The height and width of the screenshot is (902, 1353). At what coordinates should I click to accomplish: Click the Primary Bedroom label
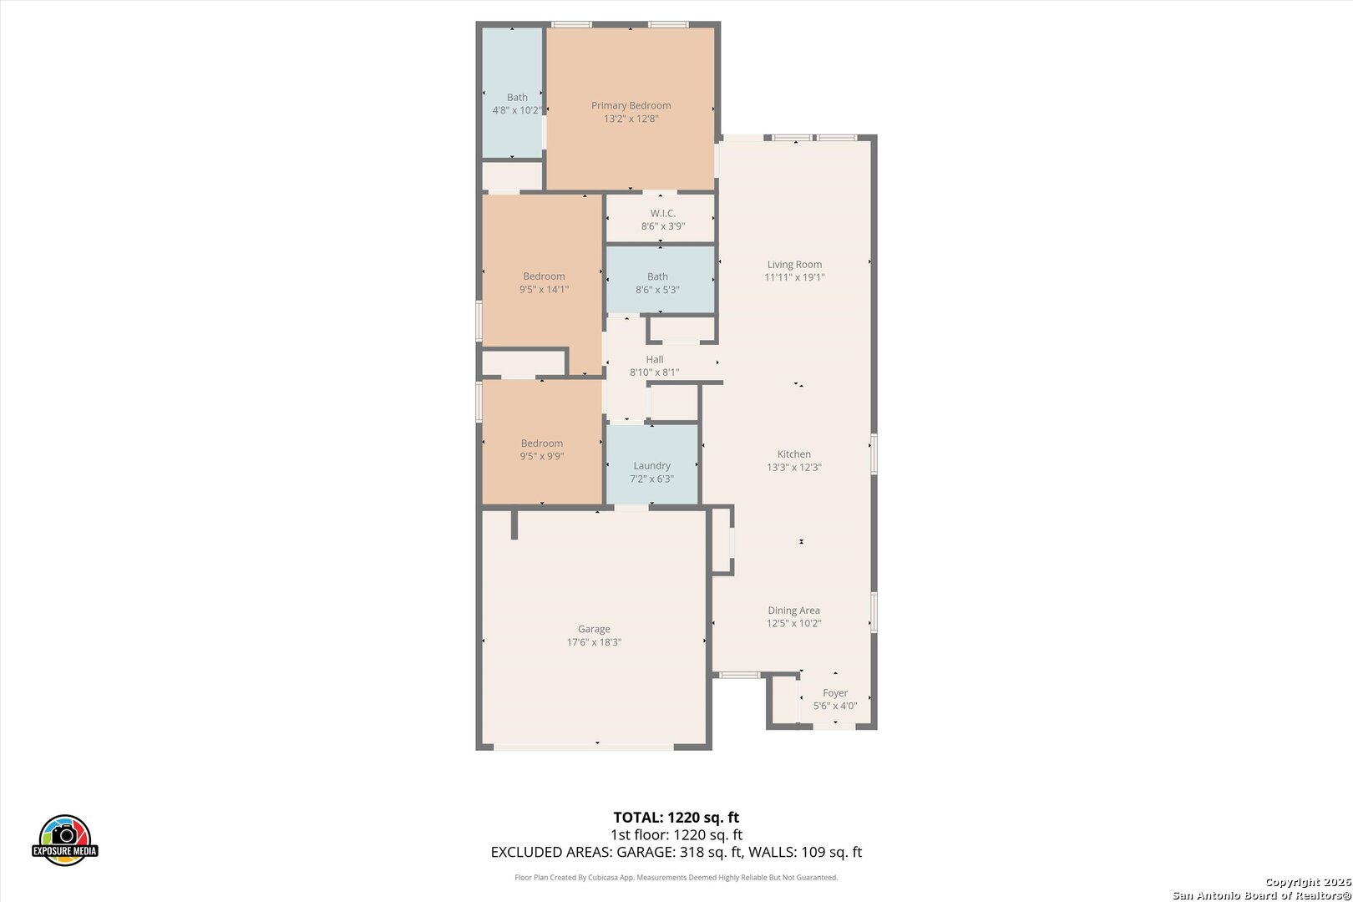pos(631,106)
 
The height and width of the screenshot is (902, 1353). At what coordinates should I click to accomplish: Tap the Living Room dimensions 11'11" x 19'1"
pos(794,277)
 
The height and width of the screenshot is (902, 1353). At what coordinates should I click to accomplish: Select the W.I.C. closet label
pos(662,213)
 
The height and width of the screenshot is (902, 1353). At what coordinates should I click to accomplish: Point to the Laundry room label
pos(651,466)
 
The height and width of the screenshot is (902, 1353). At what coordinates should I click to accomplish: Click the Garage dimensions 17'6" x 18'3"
pos(594,642)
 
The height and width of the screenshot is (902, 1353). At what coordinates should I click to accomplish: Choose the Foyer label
pos(834,693)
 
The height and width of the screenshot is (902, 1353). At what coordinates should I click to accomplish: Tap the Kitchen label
pos(793,454)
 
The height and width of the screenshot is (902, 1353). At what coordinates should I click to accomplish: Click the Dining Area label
pos(793,611)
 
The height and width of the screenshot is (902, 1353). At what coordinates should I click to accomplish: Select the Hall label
pos(654,359)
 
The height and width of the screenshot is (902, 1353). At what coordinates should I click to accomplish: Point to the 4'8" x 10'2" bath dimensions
pos(516,110)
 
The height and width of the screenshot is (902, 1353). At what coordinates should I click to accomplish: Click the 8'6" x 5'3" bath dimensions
pos(657,290)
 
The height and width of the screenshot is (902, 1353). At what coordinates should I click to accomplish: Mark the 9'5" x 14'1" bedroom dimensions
pos(544,289)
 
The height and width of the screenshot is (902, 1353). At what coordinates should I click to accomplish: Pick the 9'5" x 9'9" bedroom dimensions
pos(542,456)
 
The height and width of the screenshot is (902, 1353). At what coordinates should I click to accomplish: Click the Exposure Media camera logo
pos(64,839)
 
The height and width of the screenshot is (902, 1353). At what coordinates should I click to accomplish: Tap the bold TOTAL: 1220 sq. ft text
pos(676,818)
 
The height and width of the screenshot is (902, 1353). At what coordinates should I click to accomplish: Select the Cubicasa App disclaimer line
pos(676,877)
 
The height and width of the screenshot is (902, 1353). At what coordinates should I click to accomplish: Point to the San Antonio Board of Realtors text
pos(1262,895)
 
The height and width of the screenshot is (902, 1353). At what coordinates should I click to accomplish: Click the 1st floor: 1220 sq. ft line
pos(676,835)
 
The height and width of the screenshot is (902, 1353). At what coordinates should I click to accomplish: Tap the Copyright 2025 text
pos(1308,883)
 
